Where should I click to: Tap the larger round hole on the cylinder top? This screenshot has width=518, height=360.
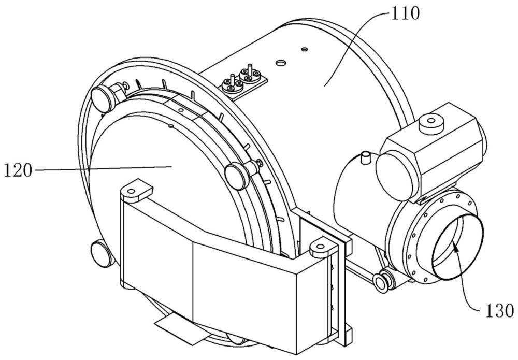280,63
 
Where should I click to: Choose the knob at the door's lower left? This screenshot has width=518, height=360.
100,253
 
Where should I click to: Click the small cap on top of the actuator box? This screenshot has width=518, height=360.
429,124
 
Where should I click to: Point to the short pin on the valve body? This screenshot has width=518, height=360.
366,156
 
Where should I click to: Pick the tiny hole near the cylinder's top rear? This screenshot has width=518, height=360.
305,49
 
